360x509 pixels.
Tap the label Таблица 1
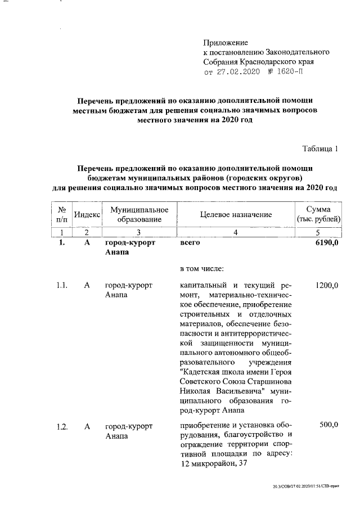point(321,149)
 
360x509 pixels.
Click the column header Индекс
point(87,214)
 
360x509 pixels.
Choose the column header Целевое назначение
point(236,214)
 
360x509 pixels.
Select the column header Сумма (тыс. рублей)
point(318,214)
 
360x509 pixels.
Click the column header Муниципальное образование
point(132,214)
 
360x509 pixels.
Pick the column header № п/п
point(62,214)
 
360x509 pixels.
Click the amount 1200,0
point(327,286)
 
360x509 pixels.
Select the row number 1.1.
point(62,286)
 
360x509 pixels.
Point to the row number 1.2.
point(62,426)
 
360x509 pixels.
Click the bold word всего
point(190,243)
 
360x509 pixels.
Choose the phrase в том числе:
point(202,269)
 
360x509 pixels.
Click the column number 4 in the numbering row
point(236,232)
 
